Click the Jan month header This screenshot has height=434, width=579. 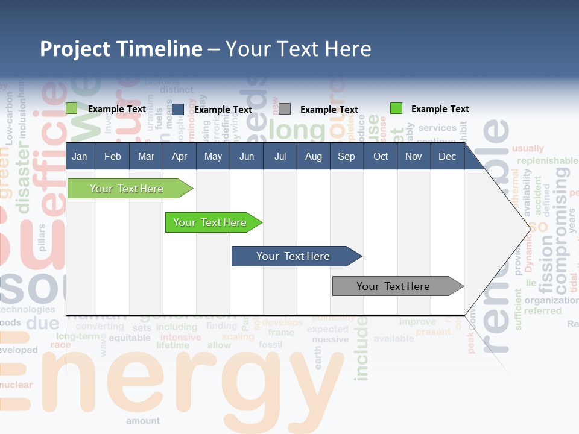pyautogui.click(x=80, y=157)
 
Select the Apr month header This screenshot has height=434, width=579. pyautogui.click(x=179, y=157)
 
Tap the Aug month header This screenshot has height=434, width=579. pyautogui.click(x=313, y=157)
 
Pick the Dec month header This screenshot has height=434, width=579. pyautogui.click(x=447, y=157)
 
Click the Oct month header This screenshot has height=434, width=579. pyautogui.click(x=381, y=157)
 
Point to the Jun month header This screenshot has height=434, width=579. pyautogui.click(x=246, y=157)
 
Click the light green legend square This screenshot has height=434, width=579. pyautogui.click(x=71, y=108)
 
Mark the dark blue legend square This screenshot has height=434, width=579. pyautogui.click(x=177, y=109)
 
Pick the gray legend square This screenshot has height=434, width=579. pyautogui.click(x=285, y=109)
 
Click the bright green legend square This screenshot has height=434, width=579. pyautogui.click(x=396, y=108)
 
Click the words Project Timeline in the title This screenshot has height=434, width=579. pyautogui.click(x=121, y=49)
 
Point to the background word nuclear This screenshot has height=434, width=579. pyautogui.click(x=16, y=385)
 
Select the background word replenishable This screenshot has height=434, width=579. pyautogui.click(x=546, y=161)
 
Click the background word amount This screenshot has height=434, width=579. pyautogui.click(x=143, y=421)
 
